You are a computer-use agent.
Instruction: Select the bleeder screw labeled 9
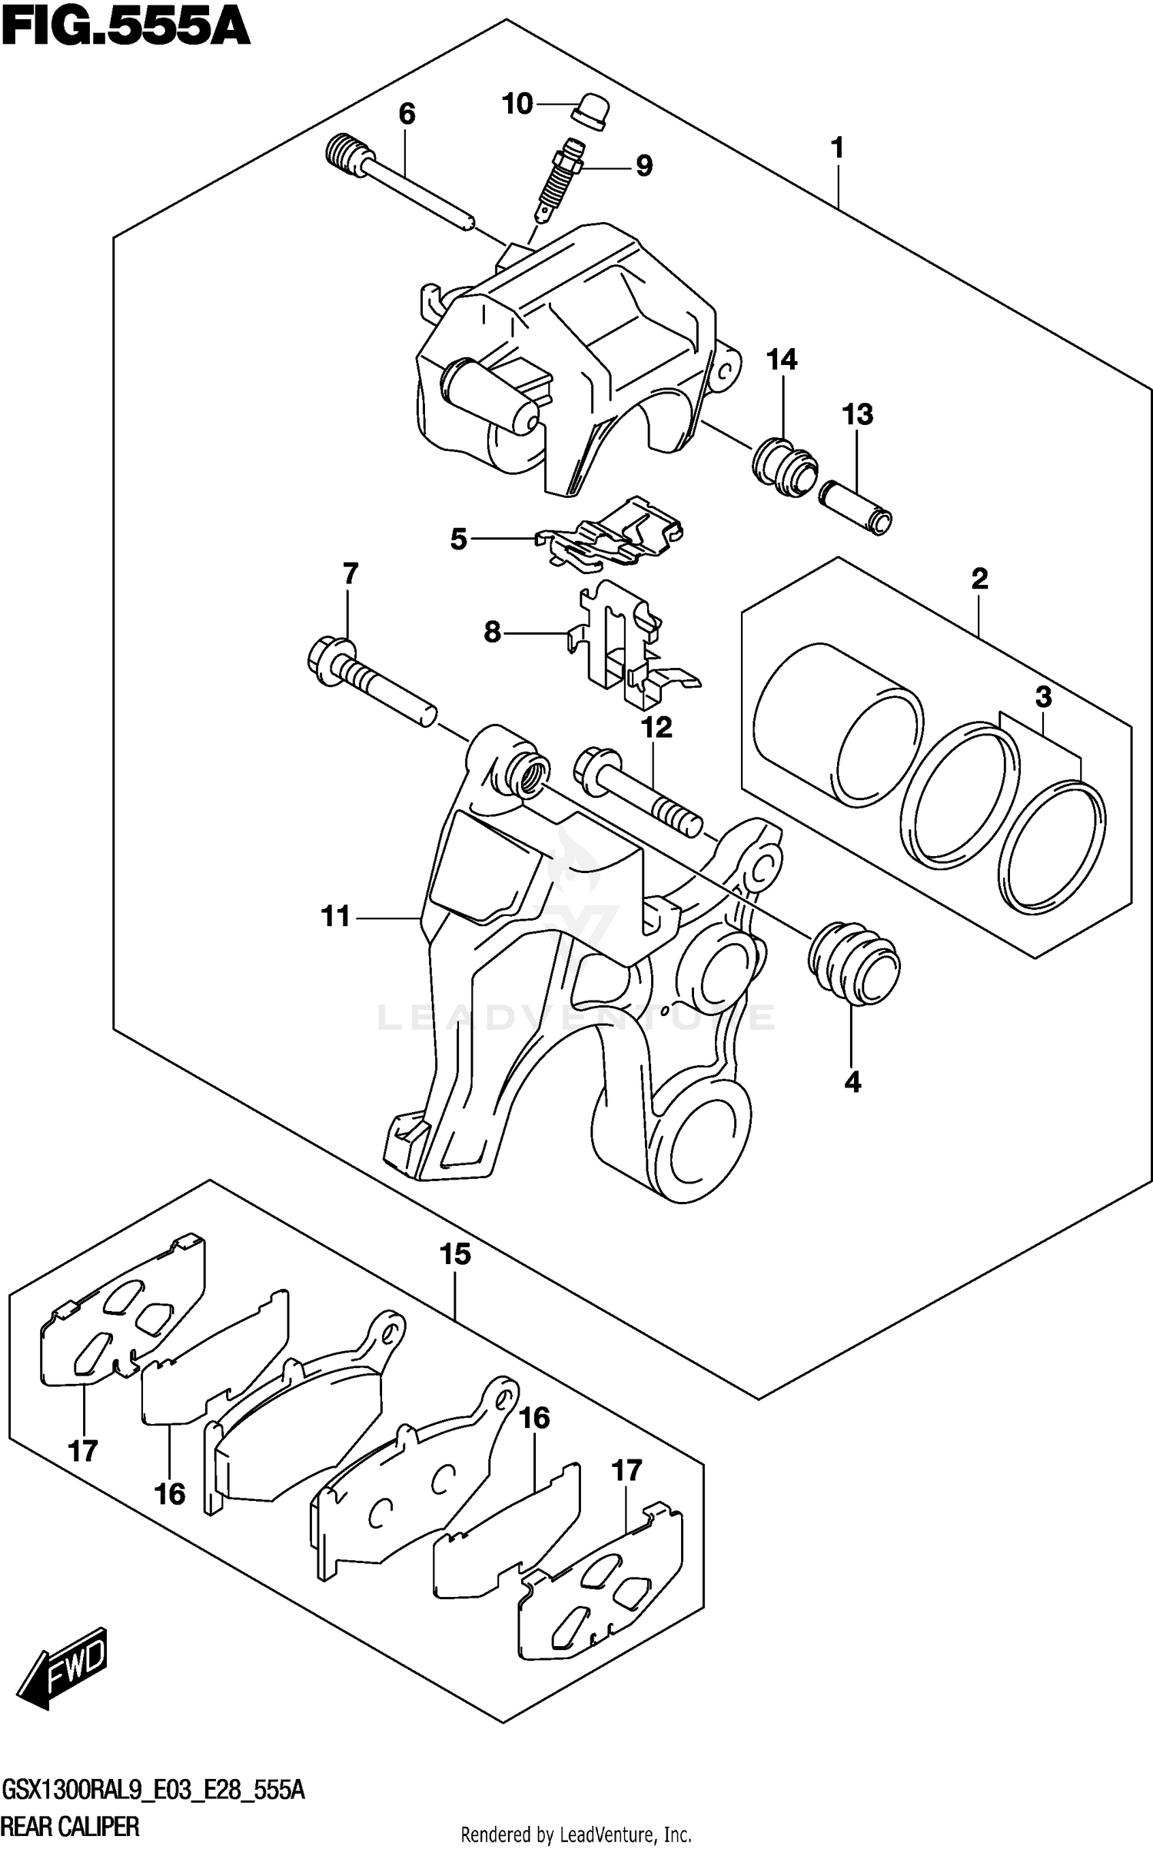tap(559, 180)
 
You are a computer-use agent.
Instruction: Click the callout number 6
tap(407, 115)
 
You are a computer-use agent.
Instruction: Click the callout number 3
tap(1043, 697)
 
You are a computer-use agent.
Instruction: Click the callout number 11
tap(336, 916)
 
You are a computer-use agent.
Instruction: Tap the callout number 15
tap(455, 1254)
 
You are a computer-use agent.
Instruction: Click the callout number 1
tap(838, 147)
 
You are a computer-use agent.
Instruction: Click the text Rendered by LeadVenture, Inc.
tap(576, 1832)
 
